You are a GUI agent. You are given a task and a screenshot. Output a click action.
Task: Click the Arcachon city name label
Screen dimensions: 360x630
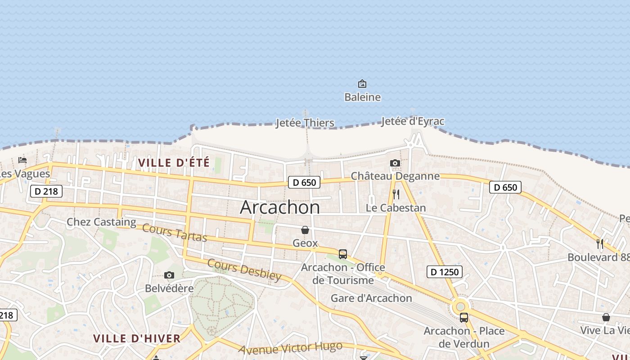point(280,207)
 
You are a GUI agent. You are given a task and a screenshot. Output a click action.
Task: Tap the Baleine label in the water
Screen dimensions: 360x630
point(362,97)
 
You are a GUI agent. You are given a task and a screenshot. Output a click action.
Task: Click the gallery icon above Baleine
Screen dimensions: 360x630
point(362,84)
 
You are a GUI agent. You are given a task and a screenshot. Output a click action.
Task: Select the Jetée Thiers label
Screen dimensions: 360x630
point(305,123)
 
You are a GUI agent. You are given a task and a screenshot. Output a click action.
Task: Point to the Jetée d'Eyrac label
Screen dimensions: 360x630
point(413,121)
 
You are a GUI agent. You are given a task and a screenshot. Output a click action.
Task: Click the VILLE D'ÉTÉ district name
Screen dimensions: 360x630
point(174,162)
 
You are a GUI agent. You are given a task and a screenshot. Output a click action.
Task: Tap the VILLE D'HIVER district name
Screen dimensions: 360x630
point(137,338)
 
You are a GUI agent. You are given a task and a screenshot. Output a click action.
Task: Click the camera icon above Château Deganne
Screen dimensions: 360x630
point(395,163)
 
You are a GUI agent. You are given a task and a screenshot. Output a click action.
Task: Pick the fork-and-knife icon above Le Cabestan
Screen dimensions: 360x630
point(396,194)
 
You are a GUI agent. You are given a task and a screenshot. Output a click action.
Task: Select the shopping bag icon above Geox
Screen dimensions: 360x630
point(305,230)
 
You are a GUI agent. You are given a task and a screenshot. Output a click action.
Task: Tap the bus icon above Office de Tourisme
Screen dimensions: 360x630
point(343,254)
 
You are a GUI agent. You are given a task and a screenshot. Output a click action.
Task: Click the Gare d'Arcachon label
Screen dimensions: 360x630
point(371,298)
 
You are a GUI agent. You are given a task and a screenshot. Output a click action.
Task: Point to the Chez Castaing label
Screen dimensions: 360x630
point(101,222)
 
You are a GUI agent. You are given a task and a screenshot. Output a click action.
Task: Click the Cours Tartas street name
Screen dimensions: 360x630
point(175,232)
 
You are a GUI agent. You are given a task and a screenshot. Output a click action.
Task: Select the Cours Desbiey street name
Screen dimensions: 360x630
point(244,270)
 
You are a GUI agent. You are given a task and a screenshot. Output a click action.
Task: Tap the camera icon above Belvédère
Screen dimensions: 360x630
point(169,275)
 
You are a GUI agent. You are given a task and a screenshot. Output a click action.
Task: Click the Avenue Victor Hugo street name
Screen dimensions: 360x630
point(290,348)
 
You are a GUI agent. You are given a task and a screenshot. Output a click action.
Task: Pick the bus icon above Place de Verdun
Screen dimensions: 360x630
point(463,318)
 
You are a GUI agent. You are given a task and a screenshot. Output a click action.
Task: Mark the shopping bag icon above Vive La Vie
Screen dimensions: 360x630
point(606,317)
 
